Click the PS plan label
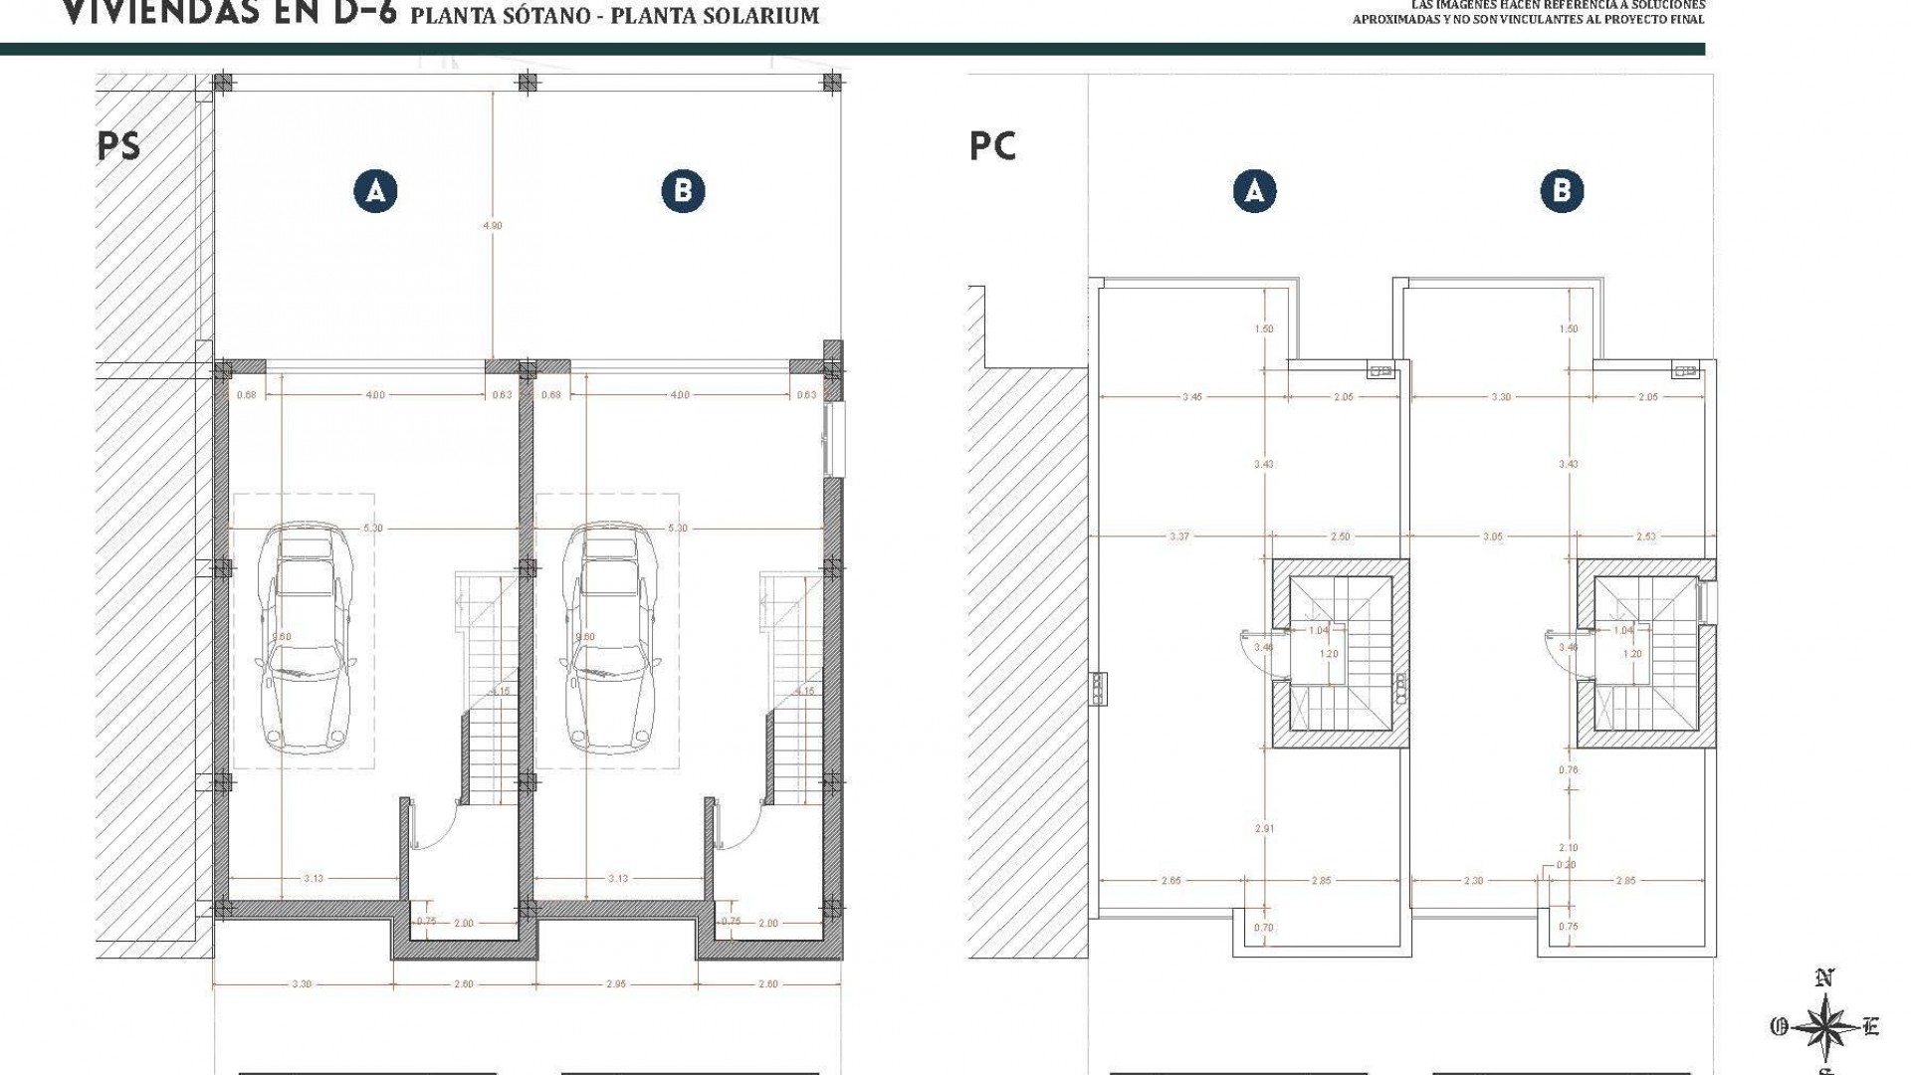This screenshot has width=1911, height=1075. pos(119,146)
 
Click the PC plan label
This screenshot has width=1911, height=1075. pos(992,146)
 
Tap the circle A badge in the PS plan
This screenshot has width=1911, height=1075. pos(375,190)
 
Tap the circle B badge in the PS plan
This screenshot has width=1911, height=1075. pos(683,190)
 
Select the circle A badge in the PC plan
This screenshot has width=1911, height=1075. pos(1254,190)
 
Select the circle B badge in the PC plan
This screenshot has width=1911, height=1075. pos(1561,190)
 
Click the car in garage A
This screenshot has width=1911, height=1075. pos(304,642)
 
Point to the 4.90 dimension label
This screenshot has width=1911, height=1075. pos(493,226)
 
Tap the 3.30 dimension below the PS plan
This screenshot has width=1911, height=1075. pos(302,984)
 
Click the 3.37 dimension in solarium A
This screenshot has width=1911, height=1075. pos(1179,537)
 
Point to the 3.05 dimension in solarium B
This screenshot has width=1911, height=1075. pos(1493,537)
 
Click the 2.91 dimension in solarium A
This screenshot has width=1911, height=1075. pos(1265,828)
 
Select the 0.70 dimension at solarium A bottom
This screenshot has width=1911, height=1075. pos(1265,928)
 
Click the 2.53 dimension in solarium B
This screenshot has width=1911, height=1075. pos(1645,537)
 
